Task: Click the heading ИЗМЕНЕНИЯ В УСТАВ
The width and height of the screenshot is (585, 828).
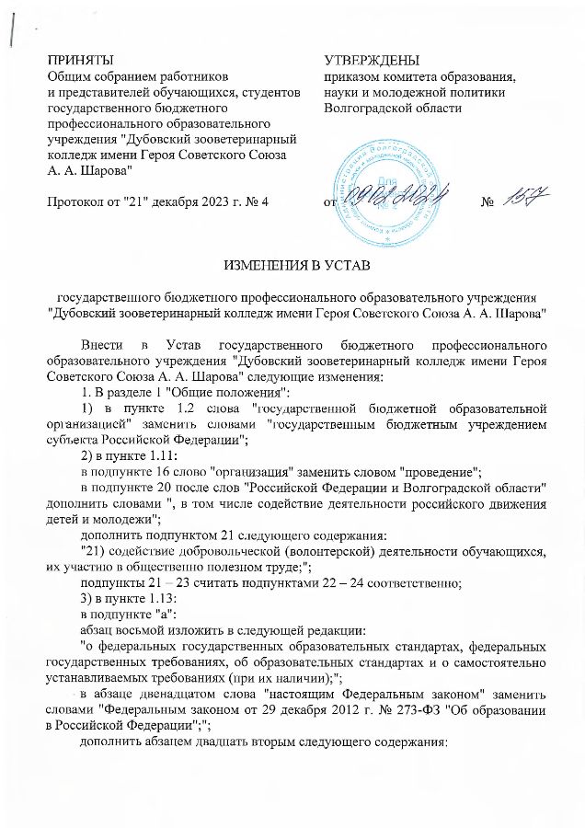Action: coord(292,268)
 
